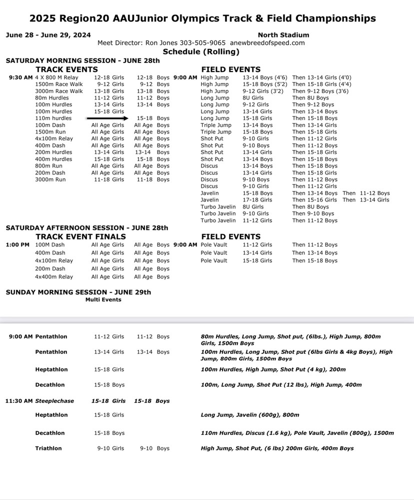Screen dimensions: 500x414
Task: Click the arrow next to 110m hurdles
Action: coord(107,118)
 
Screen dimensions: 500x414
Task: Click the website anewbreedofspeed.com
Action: coord(267,43)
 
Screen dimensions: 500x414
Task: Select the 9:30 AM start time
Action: coord(20,77)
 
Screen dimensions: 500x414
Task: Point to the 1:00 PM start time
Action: coord(17,245)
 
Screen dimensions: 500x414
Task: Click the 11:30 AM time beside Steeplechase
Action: coord(19,401)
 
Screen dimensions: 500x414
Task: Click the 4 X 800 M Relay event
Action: coord(56,77)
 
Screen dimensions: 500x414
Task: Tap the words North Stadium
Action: coord(283,35)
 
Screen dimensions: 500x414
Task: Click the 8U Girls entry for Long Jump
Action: coord(253,98)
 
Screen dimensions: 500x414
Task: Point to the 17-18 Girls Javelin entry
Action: coord(257,200)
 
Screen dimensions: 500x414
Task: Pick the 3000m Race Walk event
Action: coord(59,91)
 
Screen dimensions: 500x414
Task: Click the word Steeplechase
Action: coord(54,401)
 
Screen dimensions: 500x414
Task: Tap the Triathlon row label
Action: coord(48,448)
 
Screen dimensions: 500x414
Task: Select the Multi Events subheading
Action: coord(103,300)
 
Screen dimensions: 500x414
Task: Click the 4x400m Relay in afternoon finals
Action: coord(54,277)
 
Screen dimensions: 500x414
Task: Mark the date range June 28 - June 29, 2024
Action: coord(48,35)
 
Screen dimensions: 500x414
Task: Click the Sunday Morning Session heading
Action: coord(78,292)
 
